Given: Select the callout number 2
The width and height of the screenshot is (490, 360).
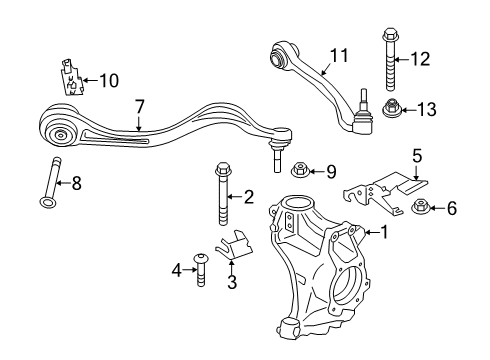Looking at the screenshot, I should [248, 196].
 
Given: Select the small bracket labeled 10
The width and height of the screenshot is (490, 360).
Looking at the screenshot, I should [69, 77].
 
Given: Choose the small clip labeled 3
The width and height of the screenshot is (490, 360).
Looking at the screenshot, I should [238, 239].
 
